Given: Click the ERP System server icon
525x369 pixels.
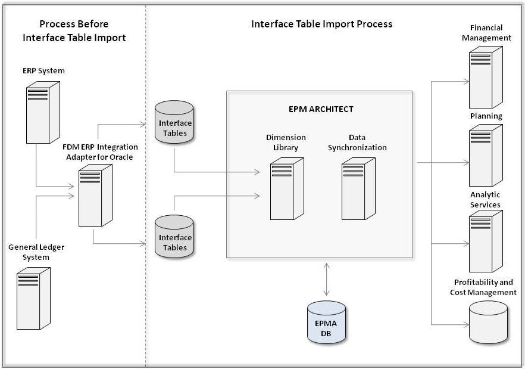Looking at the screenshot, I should click(43, 111).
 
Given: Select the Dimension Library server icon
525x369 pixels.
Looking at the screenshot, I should click(286, 189).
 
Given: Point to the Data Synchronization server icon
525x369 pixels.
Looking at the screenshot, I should click(358, 189).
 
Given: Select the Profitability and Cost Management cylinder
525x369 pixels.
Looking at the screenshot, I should click(488, 323).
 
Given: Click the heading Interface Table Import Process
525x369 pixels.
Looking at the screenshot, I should click(321, 24).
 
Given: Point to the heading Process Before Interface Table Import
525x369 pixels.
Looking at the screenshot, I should click(74, 31).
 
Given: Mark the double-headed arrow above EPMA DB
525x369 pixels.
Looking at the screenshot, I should click(326, 279).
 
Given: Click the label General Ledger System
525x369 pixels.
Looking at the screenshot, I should click(36, 252).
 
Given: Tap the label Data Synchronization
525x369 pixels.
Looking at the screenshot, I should click(359, 142).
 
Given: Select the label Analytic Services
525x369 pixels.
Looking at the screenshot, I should click(485, 200).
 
